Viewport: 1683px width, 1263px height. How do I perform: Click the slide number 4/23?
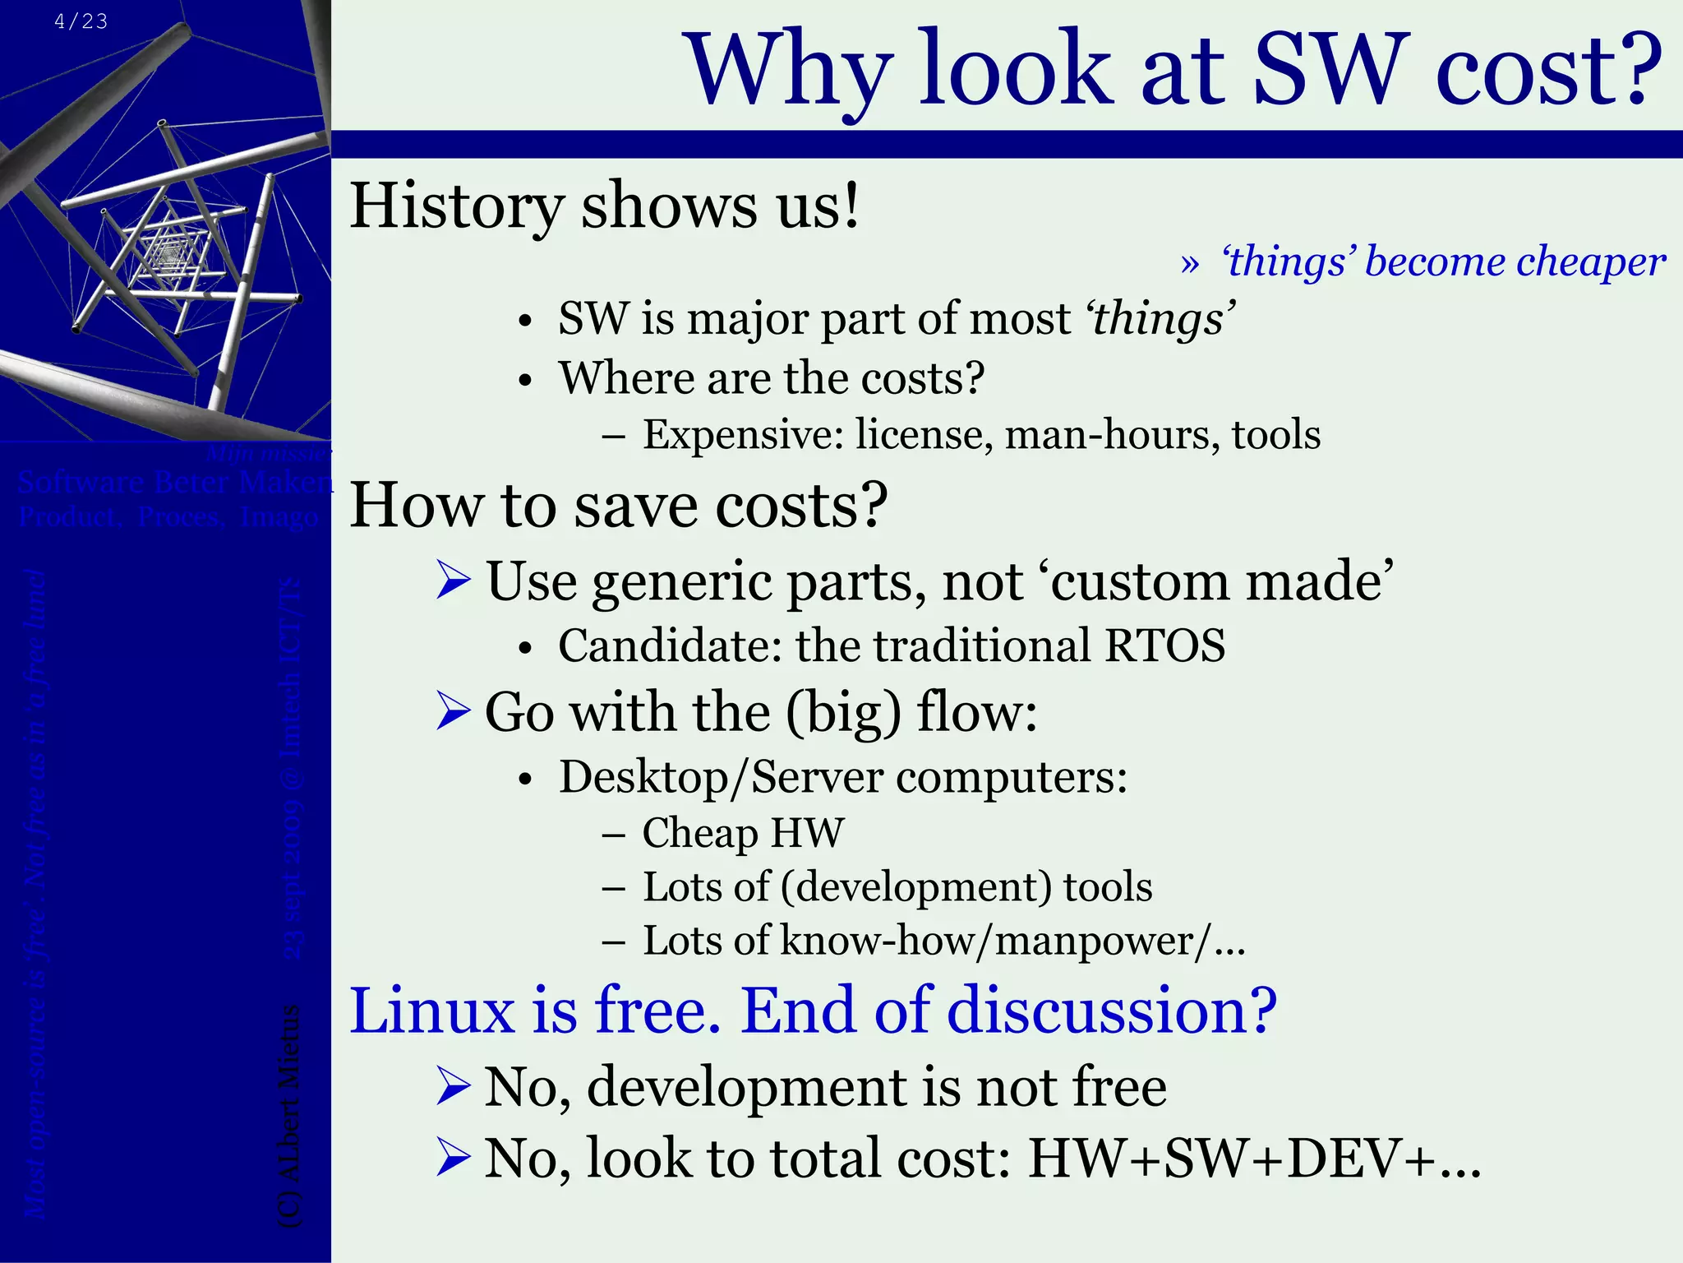(81, 21)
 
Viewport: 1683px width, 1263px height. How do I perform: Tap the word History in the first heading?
(457, 206)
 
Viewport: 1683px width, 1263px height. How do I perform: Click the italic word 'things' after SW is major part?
(1160, 319)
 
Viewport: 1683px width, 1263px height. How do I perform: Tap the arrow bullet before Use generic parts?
(453, 581)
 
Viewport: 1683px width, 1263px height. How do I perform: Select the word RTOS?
(1164, 645)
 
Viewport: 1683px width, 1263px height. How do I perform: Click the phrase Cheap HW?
(742, 833)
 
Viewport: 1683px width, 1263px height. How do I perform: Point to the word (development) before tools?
(915, 887)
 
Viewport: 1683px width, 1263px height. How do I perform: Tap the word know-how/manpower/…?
(1012, 941)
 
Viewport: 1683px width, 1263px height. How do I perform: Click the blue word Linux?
(432, 1011)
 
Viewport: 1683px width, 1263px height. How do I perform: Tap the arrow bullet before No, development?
(453, 1086)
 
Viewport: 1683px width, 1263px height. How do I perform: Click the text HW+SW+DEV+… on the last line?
(1254, 1159)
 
